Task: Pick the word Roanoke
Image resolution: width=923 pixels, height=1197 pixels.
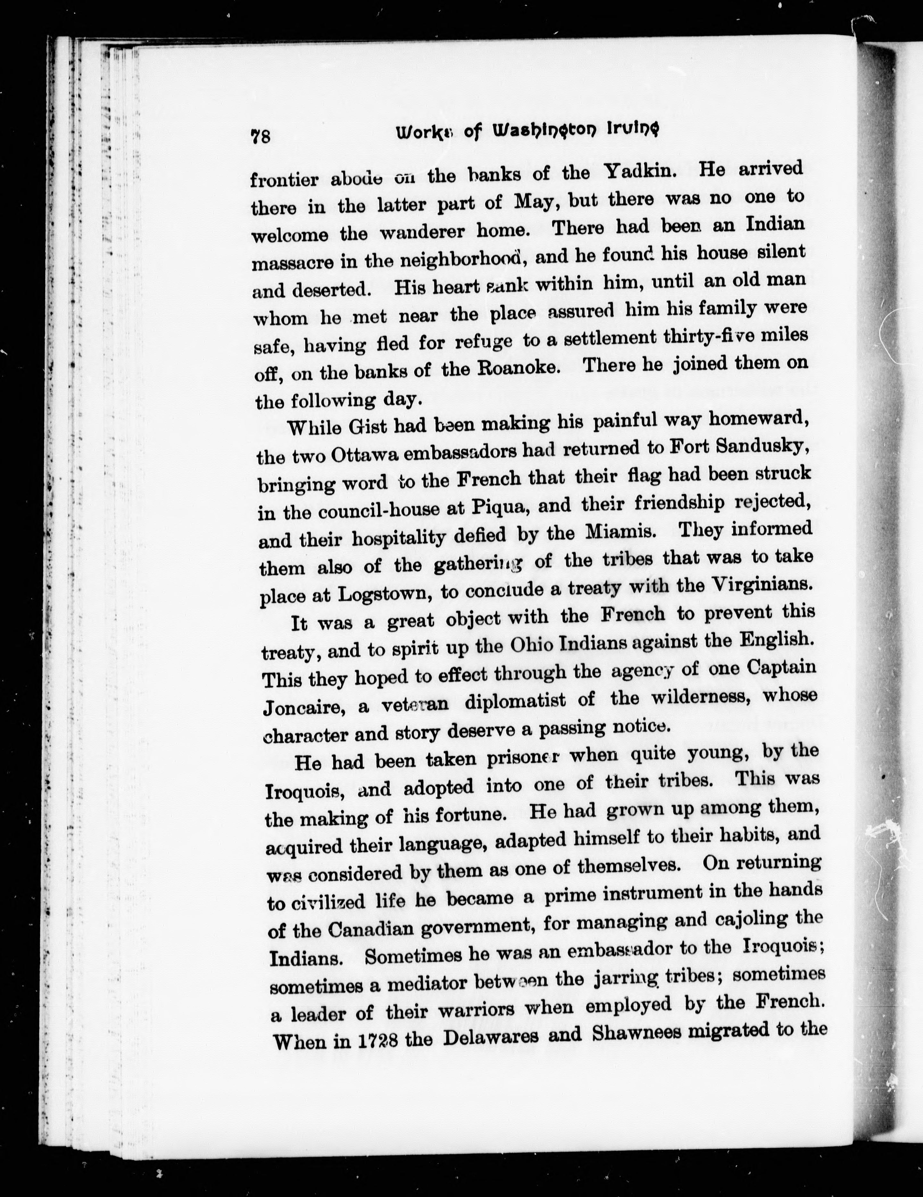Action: pyautogui.click(x=513, y=368)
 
